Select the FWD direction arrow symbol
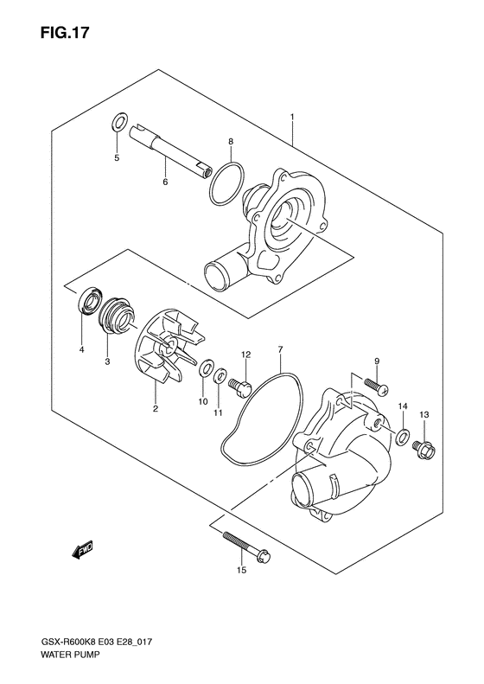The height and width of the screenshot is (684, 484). (x=82, y=548)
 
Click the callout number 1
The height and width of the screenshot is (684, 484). (x=293, y=118)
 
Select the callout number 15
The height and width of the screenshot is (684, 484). (x=241, y=572)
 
